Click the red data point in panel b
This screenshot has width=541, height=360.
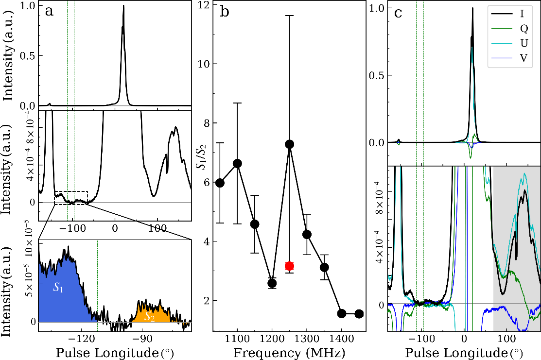tap(290, 266)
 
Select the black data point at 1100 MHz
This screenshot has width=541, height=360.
tap(237, 163)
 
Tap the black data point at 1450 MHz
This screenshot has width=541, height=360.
tap(359, 314)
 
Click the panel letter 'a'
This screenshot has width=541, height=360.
tap(49, 11)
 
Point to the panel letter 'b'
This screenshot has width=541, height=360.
tap(225, 12)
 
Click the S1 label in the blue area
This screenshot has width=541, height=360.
tap(59, 287)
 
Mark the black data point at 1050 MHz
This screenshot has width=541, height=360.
tap(220, 183)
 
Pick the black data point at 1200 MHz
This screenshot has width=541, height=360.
tap(272, 283)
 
